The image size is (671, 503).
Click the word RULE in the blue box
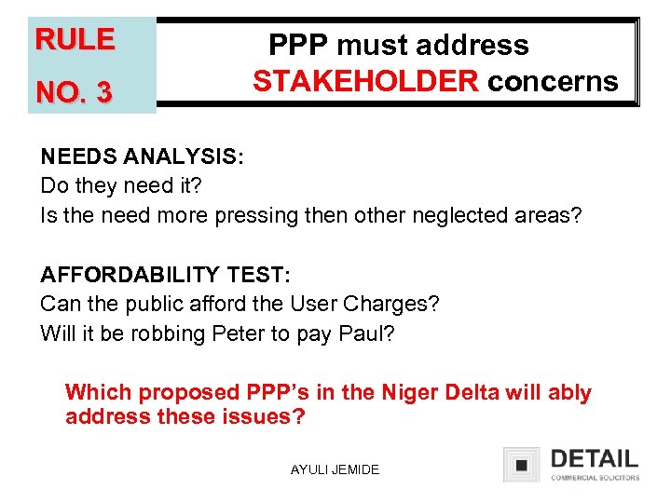coord(75,39)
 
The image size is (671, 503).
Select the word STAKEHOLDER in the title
coord(365,82)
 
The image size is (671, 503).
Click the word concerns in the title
coord(553,82)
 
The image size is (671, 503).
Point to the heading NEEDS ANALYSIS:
coord(142,156)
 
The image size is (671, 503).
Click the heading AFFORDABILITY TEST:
coord(166,274)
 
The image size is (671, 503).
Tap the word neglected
coord(477,215)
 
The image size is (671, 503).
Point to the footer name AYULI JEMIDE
coord(335,469)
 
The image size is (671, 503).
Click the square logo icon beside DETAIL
coord(522,464)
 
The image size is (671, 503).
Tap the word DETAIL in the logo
coord(594,458)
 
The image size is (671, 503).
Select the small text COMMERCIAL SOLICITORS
coord(595,477)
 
